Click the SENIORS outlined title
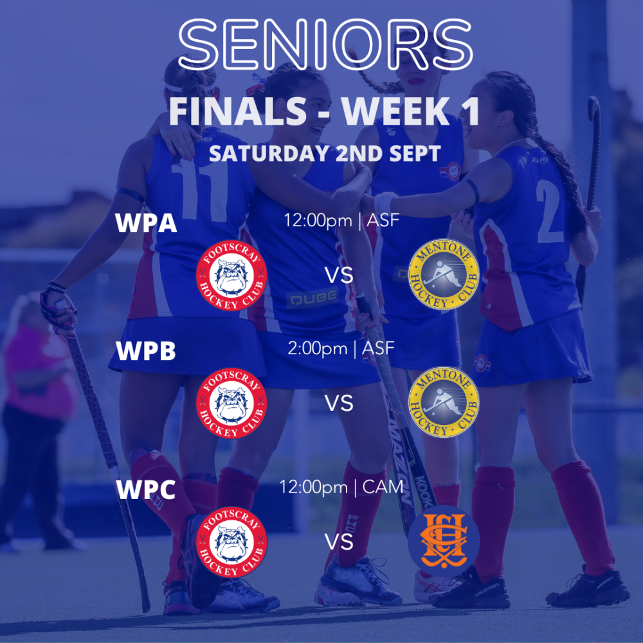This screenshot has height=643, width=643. (325, 44)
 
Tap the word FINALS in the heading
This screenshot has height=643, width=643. (238, 111)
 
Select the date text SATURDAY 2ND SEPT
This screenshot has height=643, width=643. (325, 154)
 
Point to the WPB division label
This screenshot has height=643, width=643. (146, 350)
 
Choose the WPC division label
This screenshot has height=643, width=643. (146, 489)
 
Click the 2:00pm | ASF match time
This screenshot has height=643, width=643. (341, 349)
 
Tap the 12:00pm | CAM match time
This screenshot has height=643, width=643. (341, 487)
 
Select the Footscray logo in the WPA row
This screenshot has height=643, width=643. (231, 275)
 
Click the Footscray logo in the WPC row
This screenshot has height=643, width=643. (231, 542)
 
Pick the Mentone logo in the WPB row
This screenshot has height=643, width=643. (444, 403)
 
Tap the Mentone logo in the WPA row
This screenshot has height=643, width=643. (444, 275)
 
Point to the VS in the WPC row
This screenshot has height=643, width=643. (339, 542)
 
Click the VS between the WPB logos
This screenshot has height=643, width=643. (339, 404)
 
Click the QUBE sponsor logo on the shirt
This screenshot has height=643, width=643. (312, 298)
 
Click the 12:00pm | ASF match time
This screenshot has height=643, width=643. (341, 221)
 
